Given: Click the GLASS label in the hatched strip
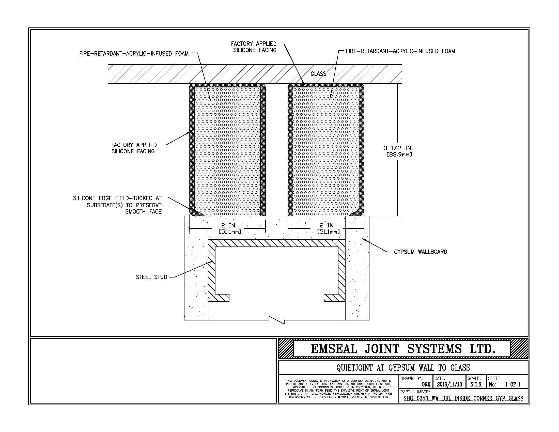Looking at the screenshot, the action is [318, 74].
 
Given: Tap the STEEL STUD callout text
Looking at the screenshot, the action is [151, 277].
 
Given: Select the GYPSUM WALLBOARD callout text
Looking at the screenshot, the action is [421, 252].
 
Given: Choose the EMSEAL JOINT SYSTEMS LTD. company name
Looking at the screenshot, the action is [403, 349].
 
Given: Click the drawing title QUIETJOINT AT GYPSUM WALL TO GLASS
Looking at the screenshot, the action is [403, 368].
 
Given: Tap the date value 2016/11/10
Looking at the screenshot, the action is [449, 384].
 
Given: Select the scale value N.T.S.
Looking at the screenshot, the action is [476, 384].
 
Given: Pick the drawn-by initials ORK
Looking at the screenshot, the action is [426, 384].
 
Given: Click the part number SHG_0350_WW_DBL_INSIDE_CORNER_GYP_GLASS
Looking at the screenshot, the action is [463, 398].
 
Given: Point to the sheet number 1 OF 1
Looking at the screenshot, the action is [513, 384].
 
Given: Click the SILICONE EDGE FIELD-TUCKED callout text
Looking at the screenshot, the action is [117, 205].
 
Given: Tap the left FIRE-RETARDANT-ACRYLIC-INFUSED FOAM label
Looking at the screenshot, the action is [134, 53].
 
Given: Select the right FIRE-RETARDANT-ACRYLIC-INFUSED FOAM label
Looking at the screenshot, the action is [400, 51].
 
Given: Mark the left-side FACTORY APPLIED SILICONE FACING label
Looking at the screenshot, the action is [134, 148].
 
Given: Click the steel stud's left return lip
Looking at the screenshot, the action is [219, 298].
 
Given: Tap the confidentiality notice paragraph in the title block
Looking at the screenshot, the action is [338, 389].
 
